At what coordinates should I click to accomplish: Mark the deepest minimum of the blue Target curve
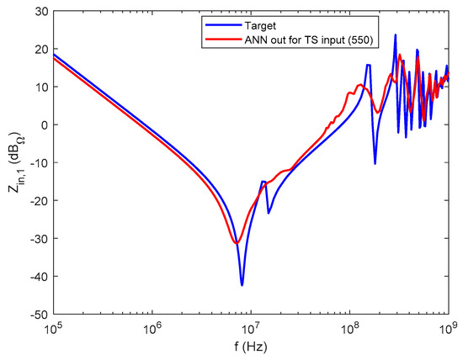click(x=242, y=285)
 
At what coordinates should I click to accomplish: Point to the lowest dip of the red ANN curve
click(x=236, y=243)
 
